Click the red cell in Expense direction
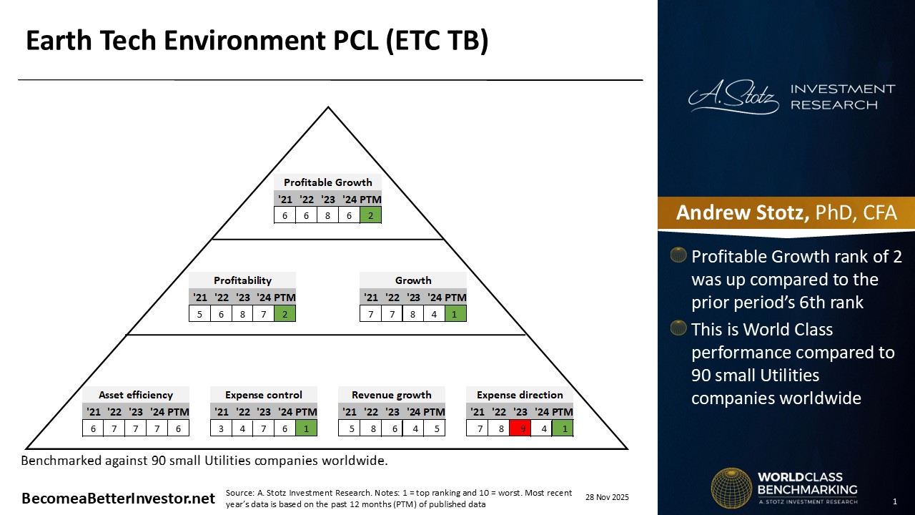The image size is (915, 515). [x=520, y=428]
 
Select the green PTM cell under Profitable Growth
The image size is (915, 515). [x=370, y=215]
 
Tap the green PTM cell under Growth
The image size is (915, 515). [x=455, y=313]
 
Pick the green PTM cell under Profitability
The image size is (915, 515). [x=285, y=313]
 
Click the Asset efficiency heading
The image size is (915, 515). [x=136, y=395]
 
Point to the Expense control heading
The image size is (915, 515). [x=264, y=395]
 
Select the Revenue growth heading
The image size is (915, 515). [x=392, y=395]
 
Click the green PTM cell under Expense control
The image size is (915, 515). [x=306, y=428]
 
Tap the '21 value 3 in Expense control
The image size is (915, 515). [x=222, y=428]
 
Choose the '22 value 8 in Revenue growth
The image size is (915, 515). [x=371, y=428]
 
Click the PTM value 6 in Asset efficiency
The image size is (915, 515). [x=178, y=428]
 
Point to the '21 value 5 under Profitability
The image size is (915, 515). [x=200, y=313]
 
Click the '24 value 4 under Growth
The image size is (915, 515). [x=435, y=313]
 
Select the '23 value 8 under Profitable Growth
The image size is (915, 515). [x=327, y=215]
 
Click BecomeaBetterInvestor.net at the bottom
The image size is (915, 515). [x=118, y=499]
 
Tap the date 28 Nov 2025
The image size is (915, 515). [x=608, y=497]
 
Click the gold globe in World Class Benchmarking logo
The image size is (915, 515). [x=731, y=489]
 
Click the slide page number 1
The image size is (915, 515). [x=895, y=501]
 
